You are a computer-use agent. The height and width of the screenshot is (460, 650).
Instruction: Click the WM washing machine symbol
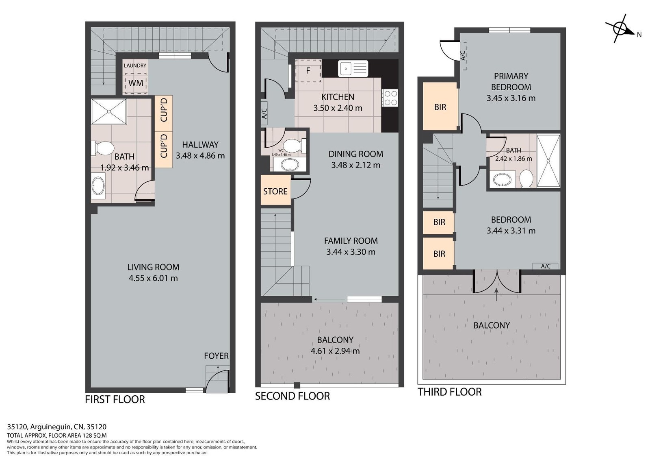point(136,83)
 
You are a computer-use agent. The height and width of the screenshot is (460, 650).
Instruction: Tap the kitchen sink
point(353,69)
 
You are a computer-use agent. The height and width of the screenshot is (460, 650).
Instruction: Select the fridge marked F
point(308,71)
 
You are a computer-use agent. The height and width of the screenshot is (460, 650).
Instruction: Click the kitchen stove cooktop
point(390,98)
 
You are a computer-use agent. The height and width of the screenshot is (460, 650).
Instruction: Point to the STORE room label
point(275,191)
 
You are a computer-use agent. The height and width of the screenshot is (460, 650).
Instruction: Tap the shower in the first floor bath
point(109,111)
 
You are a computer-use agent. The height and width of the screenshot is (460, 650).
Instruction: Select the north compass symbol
point(620,29)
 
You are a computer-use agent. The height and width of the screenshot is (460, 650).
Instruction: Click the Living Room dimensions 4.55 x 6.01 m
point(153,278)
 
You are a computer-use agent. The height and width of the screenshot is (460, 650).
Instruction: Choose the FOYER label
point(216,356)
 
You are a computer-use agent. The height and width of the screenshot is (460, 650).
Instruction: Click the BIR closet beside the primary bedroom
point(440,106)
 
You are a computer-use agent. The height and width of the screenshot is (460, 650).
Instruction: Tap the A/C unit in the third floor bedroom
point(546,266)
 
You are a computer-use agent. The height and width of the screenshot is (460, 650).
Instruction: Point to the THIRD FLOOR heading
point(449,392)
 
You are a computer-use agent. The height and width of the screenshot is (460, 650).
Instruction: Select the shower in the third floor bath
point(548,161)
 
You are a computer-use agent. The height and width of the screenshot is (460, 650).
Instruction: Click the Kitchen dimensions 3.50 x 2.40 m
point(338,108)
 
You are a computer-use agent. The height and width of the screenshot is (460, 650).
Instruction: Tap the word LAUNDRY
point(135,65)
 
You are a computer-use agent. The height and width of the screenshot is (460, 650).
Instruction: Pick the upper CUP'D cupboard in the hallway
point(164,113)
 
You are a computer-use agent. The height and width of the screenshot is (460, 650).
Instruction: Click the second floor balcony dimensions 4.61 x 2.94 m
point(335,351)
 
